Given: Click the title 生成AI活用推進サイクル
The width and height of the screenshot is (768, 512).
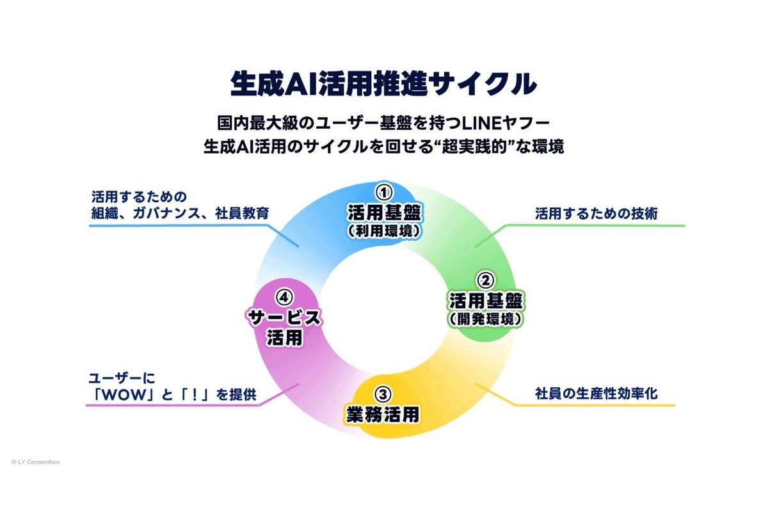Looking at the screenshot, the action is [383, 84].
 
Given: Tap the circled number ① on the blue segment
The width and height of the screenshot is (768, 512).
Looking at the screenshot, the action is [383, 192].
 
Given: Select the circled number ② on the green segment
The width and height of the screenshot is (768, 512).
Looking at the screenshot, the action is [486, 280].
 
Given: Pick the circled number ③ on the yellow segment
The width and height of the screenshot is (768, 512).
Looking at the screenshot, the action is [383, 394].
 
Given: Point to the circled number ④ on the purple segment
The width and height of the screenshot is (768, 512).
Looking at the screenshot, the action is [284, 298].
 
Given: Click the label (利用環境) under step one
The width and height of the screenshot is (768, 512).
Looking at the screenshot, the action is [383, 231].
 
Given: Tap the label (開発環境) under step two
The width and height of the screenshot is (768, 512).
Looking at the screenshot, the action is [486, 319].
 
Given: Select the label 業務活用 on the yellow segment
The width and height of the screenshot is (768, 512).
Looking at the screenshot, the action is [383, 414].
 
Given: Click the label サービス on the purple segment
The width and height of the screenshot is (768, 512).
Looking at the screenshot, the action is [284, 318].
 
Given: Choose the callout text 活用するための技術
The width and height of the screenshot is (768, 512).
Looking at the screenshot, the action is [596, 214].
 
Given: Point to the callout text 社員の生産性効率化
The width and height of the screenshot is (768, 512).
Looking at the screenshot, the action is [596, 394].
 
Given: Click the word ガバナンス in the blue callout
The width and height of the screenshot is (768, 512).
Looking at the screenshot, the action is [166, 213].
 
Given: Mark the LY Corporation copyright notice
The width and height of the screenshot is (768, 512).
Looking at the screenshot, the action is [35, 462].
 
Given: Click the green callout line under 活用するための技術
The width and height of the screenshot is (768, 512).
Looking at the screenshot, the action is [580, 227].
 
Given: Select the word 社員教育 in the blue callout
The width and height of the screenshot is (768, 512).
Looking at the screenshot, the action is [242, 213].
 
